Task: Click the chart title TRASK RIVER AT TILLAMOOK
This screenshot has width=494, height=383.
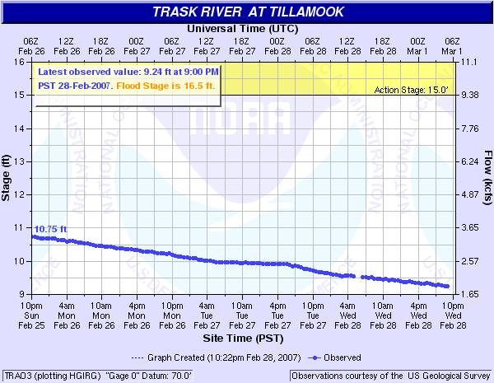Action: tap(248, 12)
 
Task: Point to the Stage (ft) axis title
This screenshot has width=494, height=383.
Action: tap(7, 177)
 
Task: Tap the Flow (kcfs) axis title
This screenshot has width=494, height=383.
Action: tap(487, 177)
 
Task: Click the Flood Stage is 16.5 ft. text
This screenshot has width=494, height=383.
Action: tap(176, 85)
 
